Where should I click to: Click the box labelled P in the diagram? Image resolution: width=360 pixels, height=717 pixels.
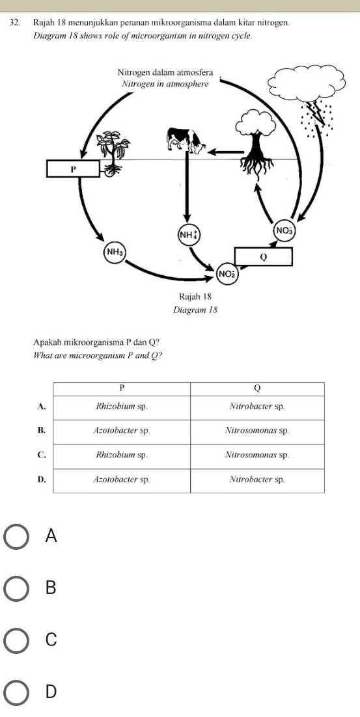[72, 169]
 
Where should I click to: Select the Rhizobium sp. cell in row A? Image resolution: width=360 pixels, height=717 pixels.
[122, 407]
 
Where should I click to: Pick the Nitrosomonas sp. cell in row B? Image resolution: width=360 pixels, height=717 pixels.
[257, 431]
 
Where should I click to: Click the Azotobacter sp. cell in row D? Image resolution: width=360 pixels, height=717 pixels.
[122, 480]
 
